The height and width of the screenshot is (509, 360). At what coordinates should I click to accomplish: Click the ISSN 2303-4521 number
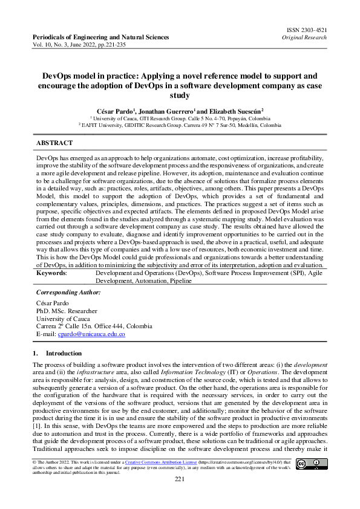[306, 29]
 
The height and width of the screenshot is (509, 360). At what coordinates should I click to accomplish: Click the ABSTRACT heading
[54, 143]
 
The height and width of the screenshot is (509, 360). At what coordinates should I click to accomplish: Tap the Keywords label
[51, 273]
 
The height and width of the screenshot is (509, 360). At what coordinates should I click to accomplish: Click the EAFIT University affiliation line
[180, 125]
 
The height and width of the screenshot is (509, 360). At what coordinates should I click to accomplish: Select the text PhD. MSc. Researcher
[67, 310]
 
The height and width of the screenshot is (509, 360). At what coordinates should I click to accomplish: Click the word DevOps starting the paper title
[58, 76]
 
